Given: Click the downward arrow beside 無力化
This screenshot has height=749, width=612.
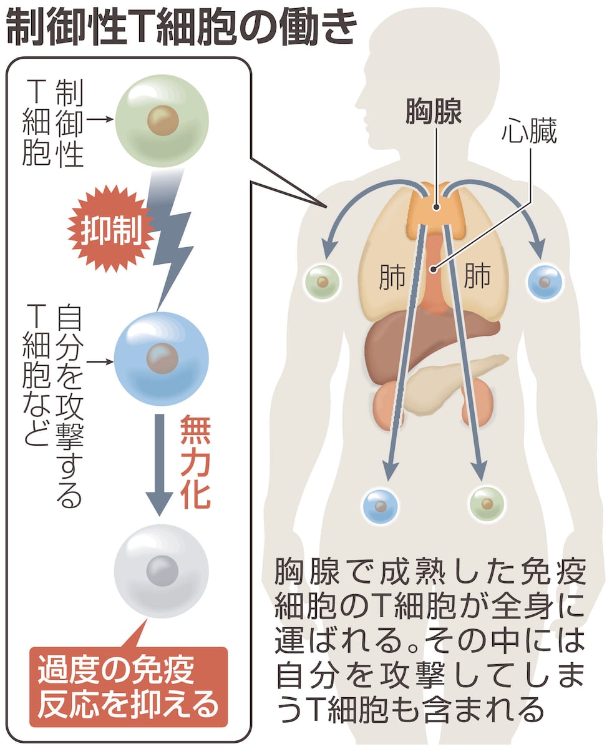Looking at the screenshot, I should (x=159, y=462).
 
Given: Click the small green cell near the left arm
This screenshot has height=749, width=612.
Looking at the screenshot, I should (x=323, y=281).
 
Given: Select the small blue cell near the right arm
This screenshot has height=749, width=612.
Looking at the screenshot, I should (x=545, y=281).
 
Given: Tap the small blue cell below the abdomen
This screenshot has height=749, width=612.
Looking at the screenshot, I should (x=381, y=504).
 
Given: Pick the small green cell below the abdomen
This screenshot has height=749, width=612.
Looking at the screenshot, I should (x=487, y=501).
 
